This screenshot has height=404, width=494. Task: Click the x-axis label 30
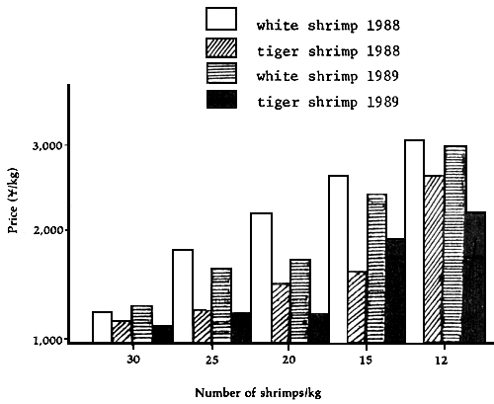[132, 360]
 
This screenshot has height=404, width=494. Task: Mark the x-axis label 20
[288, 360]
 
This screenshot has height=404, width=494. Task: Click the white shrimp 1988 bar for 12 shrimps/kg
[414, 241]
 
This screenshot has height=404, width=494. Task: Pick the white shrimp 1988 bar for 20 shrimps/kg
[261, 278]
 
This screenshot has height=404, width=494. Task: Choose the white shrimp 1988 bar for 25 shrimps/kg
[182, 295]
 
